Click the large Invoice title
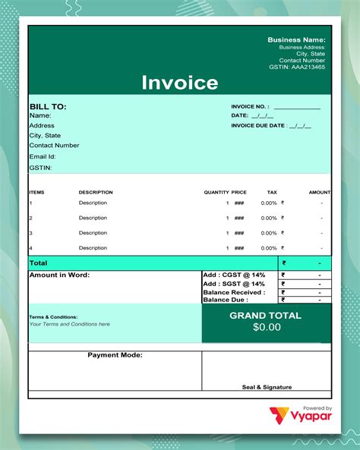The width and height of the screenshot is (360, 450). pyautogui.click(x=180, y=83)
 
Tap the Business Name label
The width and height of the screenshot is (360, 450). pyautogui.click(x=296, y=39)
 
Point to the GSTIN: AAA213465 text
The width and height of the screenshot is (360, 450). pyautogui.click(x=297, y=67)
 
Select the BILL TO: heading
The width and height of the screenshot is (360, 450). pyautogui.click(x=48, y=107)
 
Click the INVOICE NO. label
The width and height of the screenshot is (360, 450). pyautogui.click(x=250, y=107)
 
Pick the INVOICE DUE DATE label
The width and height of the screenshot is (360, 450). pyautogui.click(x=258, y=125)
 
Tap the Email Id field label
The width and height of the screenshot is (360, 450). pyautogui.click(x=43, y=156)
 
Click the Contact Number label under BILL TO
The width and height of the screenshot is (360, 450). pyautogui.click(x=54, y=145)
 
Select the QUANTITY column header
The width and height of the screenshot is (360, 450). pyautogui.click(x=216, y=192)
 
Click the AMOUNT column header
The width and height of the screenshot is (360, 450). pyautogui.click(x=320, y=192)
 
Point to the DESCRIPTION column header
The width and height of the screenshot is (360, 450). pyautogui.click(x=96, y=192)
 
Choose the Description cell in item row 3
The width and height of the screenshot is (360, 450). pyautogui.click(x=93, y=233)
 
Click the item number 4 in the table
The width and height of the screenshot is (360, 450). pyautogui.click(x=31, y=248)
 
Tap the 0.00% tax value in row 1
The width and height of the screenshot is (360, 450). pyautogui.click(x=269, y=203)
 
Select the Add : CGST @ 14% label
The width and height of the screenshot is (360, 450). pyautogui.click(x=234, y=275)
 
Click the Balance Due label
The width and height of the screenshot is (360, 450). pyautogui.click(x=226, y=300)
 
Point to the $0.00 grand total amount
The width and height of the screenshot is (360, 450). pyautogui.click(x=267, y=327)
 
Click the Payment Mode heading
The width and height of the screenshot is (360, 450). pyautogui.click(x=115, y=355)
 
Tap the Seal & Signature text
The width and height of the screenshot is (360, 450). pyautogui.click(x=267, y=387)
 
